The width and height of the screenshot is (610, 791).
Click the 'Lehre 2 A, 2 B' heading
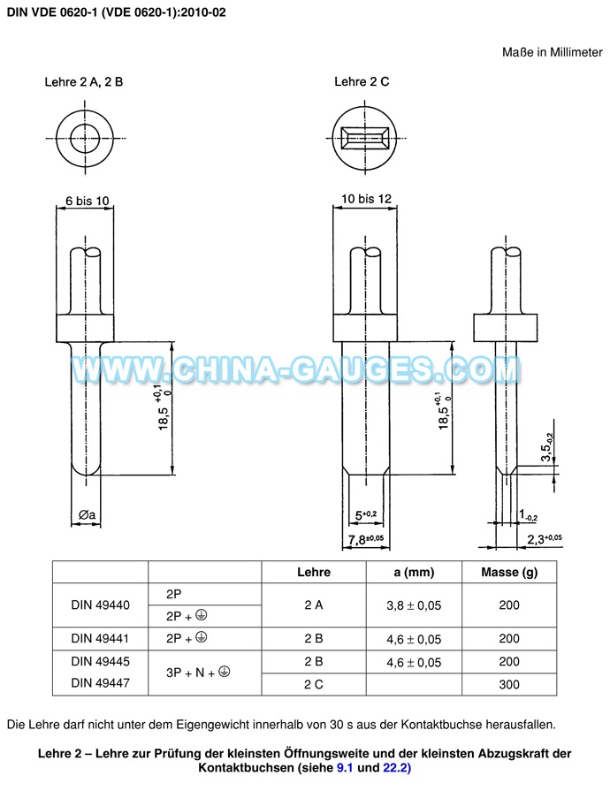pyautogui.click(x=84, y=81)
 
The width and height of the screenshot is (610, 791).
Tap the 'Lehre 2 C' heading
pyautogui.click(x=362, y=81)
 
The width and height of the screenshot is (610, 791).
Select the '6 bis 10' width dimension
pyautogui.click(x=88, y=201)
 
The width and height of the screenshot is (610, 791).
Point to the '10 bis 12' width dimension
pyautogui.click(x=366, y=199)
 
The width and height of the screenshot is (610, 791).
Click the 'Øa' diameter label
pyautogui.click(x=87, y=514)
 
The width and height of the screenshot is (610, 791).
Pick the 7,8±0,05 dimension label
pyautogui.click(x=366, y=539)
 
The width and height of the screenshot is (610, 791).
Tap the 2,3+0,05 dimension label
pyautogui.click(x=545, y=539)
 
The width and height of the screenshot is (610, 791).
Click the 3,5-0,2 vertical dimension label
pyautogui.click(x=546, y=447)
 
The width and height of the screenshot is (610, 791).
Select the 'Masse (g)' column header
pyautogui.click(x=509, y=572)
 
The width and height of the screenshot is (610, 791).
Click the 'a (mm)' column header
pyautogui.click(x=414, y=572)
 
